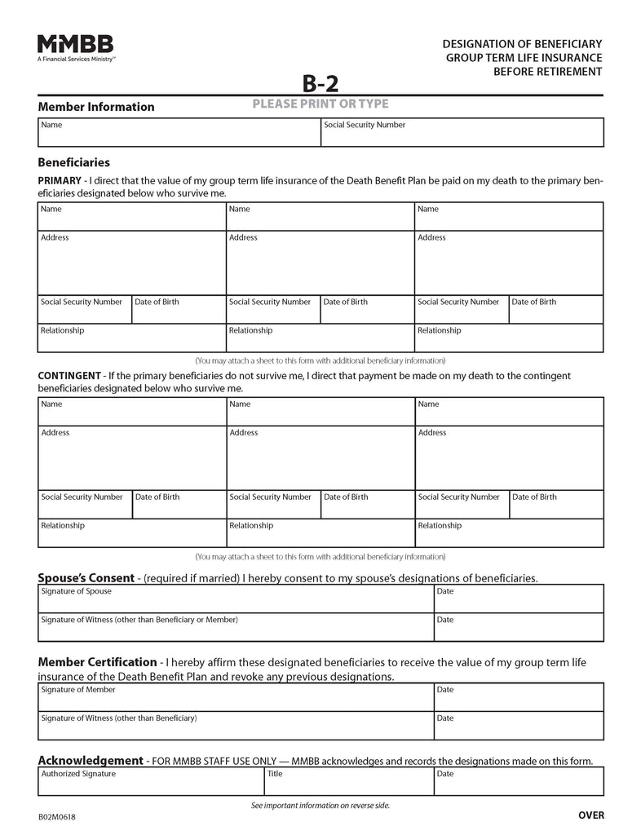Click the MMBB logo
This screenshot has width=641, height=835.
pos(75,48)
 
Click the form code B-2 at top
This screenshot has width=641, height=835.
pos(320,84)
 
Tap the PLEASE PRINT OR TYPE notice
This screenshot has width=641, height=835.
pos(320,104)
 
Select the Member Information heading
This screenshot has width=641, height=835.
pos(96,107)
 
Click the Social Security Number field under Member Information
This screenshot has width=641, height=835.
pos(462,133)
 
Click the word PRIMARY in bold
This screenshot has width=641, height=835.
pos(60,180)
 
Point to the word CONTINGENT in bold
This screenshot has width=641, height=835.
pos(69,375)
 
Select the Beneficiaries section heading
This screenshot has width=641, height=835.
pos(73,163)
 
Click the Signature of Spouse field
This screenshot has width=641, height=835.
pos(235,599)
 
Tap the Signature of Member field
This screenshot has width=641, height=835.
pos(235,698)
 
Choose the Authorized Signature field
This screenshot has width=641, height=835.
pos(150,782)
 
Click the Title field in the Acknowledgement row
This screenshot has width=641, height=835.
pos(348,782)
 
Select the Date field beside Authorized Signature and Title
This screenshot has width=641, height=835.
pos(519,782)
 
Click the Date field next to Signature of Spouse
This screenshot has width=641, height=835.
pos(519,599)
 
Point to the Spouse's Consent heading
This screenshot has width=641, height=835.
pos(89,577)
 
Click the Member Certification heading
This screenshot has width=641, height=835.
pos(97,662)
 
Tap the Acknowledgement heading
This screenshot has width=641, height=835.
pos(91,760)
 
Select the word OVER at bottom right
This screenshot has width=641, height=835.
pos(590,815)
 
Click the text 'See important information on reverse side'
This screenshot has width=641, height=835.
pos(320,806)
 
